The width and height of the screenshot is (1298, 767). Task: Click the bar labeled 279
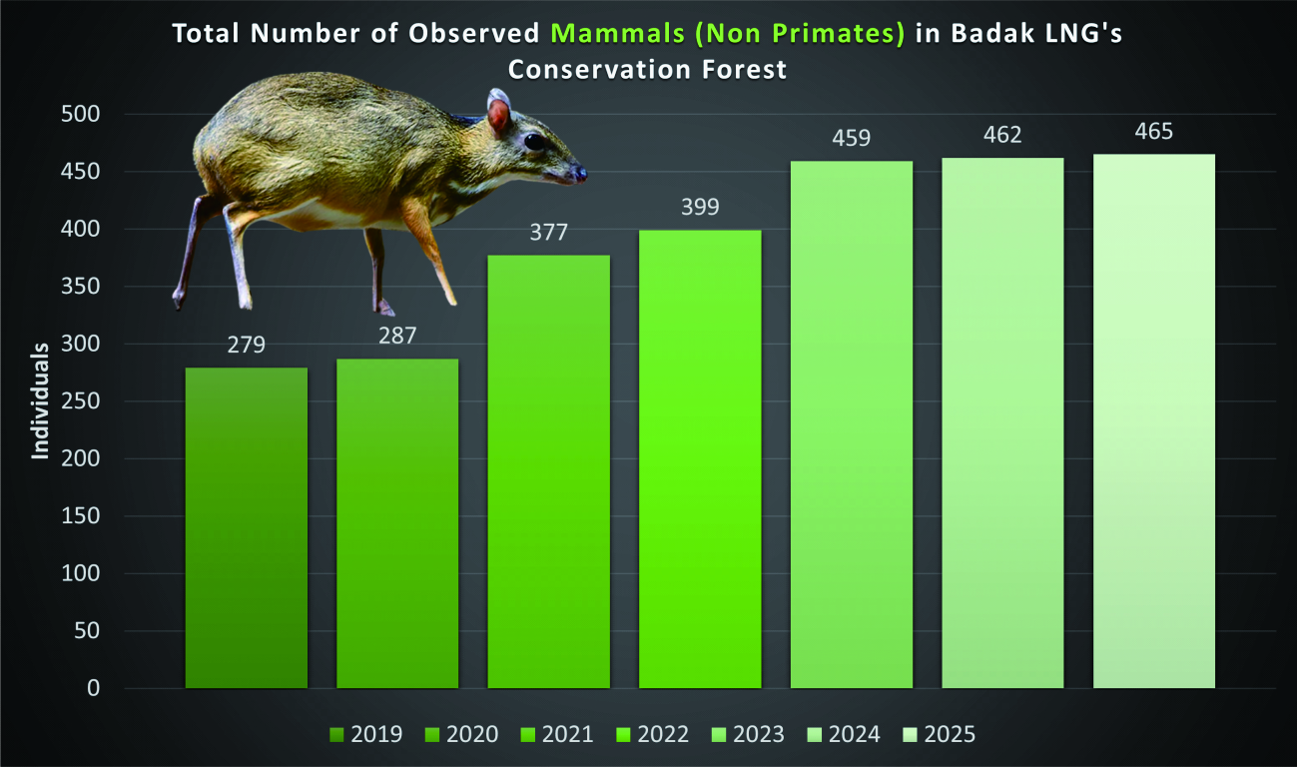(247, 527)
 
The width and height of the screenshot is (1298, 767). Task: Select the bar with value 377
(549, 471)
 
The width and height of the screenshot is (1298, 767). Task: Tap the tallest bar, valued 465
(1153, 420)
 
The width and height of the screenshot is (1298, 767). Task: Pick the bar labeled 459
(852, 424)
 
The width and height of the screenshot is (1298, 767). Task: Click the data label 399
(700, 207)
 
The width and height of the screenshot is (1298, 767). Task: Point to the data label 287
(397, 336)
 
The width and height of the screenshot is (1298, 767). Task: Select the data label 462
(1002, 135)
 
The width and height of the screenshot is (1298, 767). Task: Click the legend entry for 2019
(365, 734)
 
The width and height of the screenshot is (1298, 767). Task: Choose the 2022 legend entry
(652, 734)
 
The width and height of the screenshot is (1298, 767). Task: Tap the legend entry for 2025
(940, 734)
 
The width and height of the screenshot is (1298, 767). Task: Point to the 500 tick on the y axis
(81, 114)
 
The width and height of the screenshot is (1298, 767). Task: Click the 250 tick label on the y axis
(81, 401)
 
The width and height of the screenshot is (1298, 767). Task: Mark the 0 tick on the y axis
(93, 688)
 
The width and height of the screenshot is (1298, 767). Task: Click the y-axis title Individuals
(40, 401)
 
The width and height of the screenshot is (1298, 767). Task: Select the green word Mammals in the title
(618, 34)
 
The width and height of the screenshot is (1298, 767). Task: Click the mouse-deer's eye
(534, 141)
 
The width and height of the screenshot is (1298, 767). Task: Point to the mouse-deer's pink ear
(498, 112)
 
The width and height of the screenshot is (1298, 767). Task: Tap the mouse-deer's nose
(579, 173)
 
